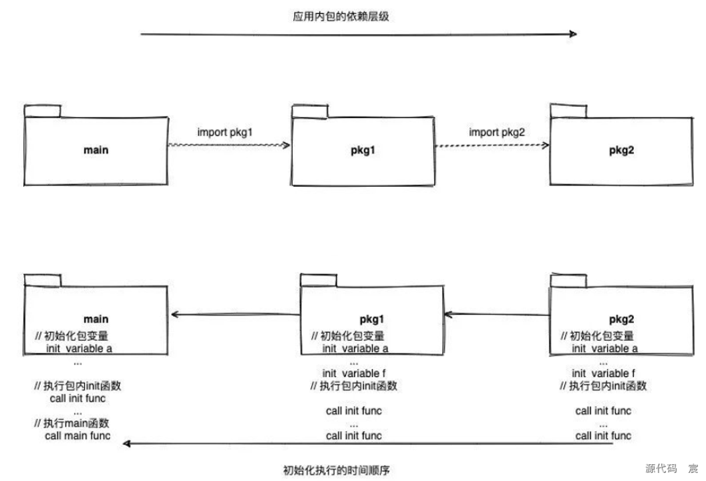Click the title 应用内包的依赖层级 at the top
click(x=341, y=17)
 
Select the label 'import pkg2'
click(x=497, y=132)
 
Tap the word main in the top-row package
click(x=96, y=150)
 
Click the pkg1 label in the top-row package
click(x=363, y=150)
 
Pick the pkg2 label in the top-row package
click(x=621, y=150)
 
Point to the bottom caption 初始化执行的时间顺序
click(x=336, y=470)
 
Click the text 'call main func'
click(x=78, y=436)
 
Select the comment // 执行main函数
click(x=71, y=423)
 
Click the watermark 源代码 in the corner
click(x=661, y=468)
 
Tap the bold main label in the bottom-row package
click(x=96, y=319)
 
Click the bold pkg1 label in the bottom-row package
click(x=373, y=319)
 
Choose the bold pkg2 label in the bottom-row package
click(x=621, y=319)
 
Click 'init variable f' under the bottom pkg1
click(x=355, y=373)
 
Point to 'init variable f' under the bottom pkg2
click(x=604, y=373)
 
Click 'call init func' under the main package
click(x=77, y=398)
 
